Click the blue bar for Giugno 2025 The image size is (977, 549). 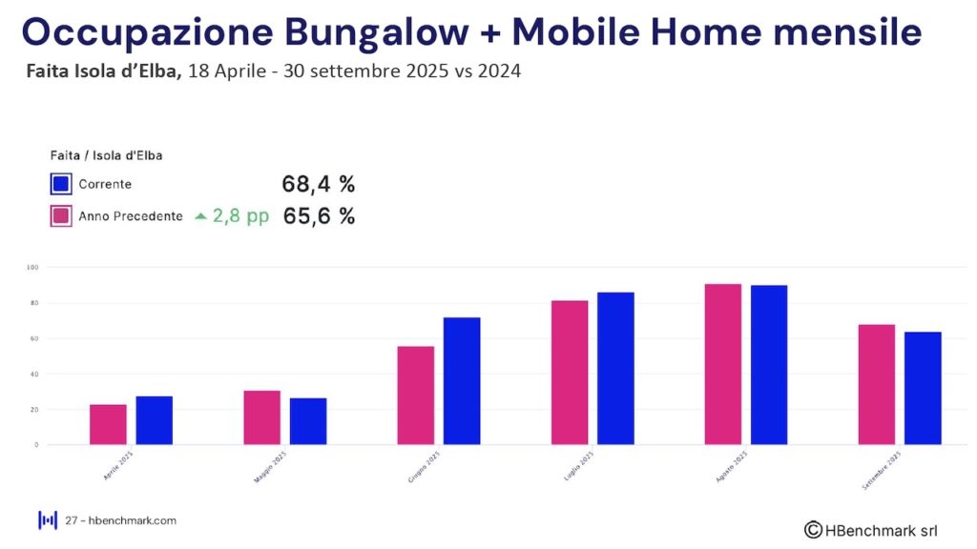(x=462, y=380)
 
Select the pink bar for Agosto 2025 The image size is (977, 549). (x=722, y=364)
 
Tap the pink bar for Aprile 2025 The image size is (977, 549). (x=108, y=424)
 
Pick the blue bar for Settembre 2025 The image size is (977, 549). (x=923, y=388)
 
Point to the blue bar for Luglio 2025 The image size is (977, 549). (x=615, y=368)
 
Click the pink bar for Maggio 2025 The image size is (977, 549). (x=261, y=417)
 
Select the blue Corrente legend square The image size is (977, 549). (x=61, y=184)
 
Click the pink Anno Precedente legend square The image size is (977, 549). (x=61, y=216)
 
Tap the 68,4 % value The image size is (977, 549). (x=318, y=184)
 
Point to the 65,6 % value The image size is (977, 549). (x=319, y=216)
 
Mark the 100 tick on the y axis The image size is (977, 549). (x=31, y=268)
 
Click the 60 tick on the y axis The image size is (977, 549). (x=32, y=338)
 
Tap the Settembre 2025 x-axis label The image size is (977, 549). (x=883, y=469)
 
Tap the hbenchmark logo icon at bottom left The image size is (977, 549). (x=48, y=520)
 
